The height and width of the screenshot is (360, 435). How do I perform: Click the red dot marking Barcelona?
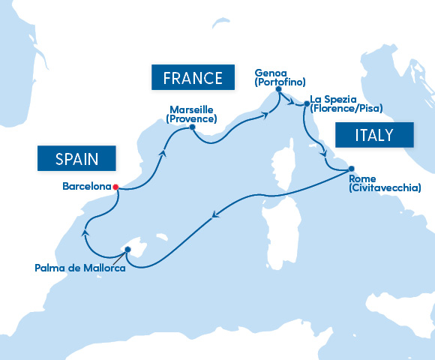(x=115, y=187)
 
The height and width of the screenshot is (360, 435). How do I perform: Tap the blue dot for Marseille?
(x=193, y=127)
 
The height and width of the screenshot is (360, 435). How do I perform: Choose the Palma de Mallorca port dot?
(x=128, y=249)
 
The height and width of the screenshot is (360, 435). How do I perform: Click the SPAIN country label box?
(x=77, y=157)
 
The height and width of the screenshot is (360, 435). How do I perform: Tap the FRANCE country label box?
(x=187, y=78)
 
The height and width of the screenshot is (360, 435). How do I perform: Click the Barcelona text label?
(x=86, y=187)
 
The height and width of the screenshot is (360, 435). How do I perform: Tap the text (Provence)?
(x=190, y=119)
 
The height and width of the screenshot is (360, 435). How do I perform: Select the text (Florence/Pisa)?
(x=346, y=109)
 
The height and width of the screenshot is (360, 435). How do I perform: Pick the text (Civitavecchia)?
(x=385, y=187)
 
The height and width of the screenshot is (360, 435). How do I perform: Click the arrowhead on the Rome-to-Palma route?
(x=215, y=217)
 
